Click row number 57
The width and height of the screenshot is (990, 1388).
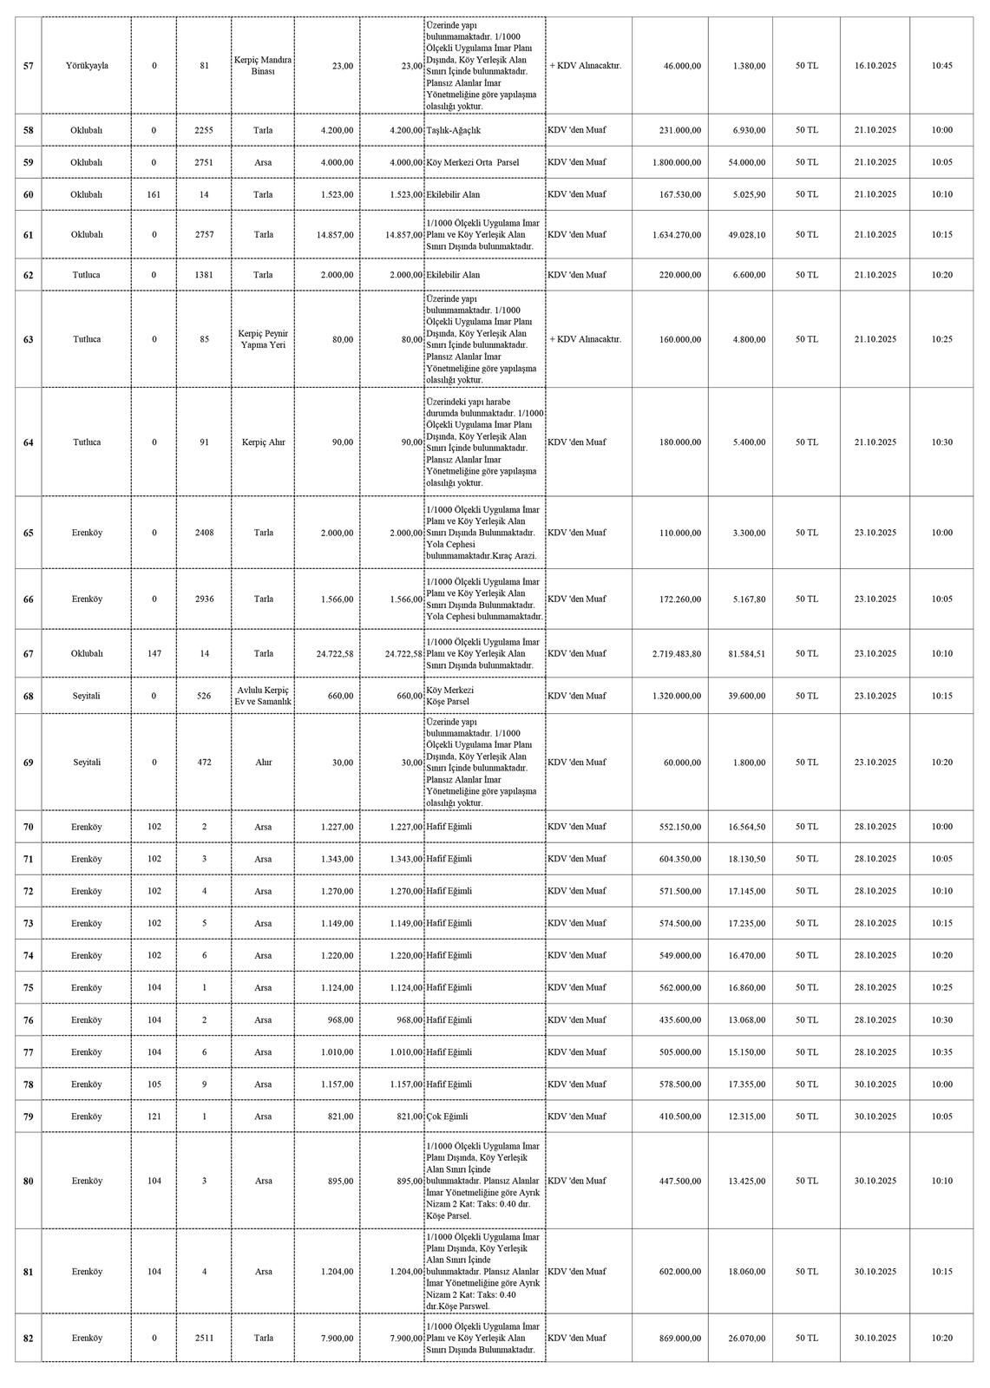(x=29, y=66)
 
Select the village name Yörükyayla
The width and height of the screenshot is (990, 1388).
(x=87, y=66)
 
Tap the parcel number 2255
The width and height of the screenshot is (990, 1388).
(x=204, y=130)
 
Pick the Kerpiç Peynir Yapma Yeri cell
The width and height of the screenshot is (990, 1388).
(x=263, y=339)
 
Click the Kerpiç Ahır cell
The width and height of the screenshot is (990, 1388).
(x=263, y=442)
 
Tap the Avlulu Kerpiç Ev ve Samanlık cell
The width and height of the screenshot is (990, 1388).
(x=263, y=696)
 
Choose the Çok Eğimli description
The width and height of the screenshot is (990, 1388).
(x=447, y=1116)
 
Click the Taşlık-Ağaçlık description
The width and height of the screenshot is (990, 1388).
(x=454, y=130)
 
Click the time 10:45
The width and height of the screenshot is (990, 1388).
(x=941, y=66)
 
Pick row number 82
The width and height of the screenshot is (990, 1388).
(x=29, y=1339)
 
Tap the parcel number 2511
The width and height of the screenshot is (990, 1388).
(x=204, y=1339)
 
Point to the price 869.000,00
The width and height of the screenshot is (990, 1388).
(x=679, y=1339)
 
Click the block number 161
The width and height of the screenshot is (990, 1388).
(x=154, y=194)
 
